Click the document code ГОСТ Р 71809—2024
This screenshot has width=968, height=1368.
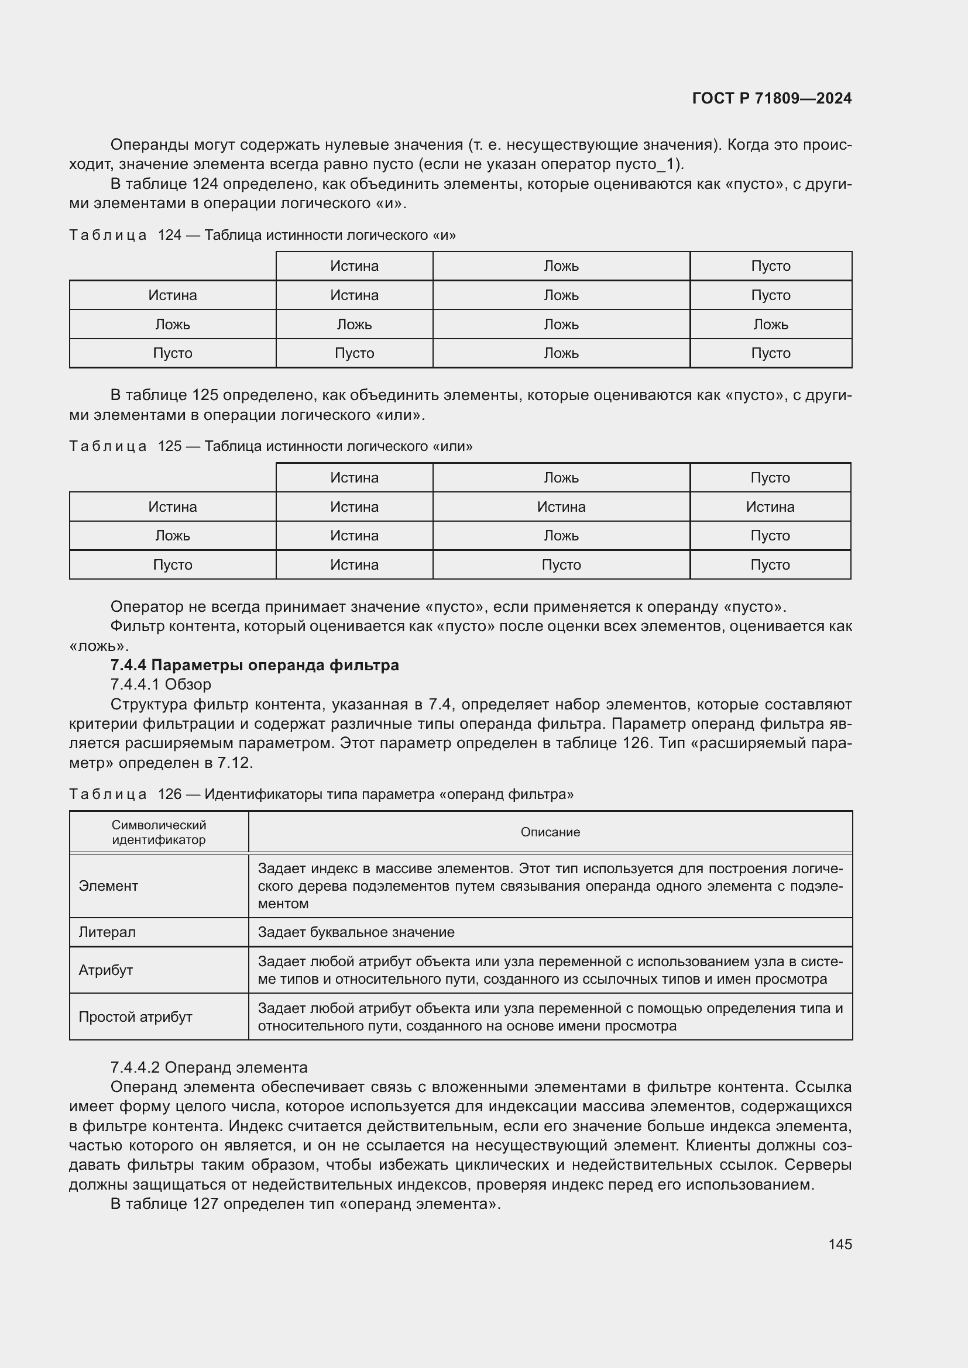[x=771, y=98]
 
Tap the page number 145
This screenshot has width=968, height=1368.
[x=839, y=1244]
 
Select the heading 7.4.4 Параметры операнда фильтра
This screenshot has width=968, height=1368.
[x=255, y=665]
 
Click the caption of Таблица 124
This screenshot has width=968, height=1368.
[x=262, y=235]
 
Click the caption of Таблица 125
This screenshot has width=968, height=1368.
[x=270, y=446]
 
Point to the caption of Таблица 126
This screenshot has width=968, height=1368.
[x=321, y=794]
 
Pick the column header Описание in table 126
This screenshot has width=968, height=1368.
[x=550, y=832]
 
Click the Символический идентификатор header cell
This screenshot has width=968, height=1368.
[x=159, y=832]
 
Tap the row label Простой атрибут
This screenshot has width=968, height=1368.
[x=135, y=1016]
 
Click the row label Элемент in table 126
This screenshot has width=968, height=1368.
[x=108, y=886]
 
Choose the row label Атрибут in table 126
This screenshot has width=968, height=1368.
[x=105, y=970]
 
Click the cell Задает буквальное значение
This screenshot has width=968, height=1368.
[x=356, y=932]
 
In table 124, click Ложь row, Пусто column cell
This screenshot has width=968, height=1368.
[x=770, y=324]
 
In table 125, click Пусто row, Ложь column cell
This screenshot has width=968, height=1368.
[x=561, y=564]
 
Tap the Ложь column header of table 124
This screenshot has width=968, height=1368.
[x=561, y=266]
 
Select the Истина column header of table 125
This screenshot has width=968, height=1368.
[x=354, y=477]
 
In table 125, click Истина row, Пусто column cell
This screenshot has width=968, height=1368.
[x=770, y=506]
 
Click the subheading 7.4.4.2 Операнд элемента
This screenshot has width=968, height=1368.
[x=208, y=1067]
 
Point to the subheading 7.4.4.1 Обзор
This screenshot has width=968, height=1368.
[x=160, y=684]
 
